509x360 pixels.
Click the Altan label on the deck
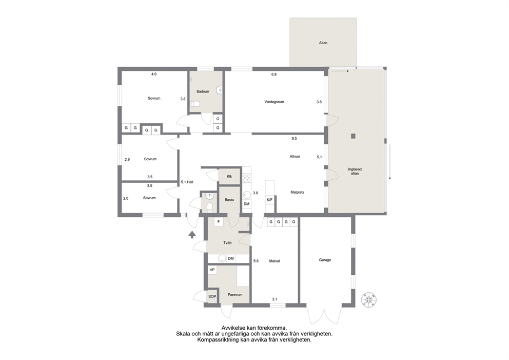point(323,43)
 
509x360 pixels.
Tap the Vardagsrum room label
point(275,102)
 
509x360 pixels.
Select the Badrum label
point(203,91)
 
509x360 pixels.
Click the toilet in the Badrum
point(195,104)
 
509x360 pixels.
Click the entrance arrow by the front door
point(192,234)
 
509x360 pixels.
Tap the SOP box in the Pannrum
point(212,297)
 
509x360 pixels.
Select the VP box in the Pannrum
point(212,270)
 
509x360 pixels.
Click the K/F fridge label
point(269,200)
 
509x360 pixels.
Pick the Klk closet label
point(229,177)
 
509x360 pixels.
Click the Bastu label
point(229,200)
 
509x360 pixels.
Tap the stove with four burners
point(247,178)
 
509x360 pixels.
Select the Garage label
point(325,260)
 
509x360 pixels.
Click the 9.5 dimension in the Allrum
point(294,139)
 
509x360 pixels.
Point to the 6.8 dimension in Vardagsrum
point(274,74)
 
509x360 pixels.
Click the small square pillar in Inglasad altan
point(353,136)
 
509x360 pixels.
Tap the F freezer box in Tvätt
point(219,222)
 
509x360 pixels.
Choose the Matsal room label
point(275,261)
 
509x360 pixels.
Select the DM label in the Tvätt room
point(231,259)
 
